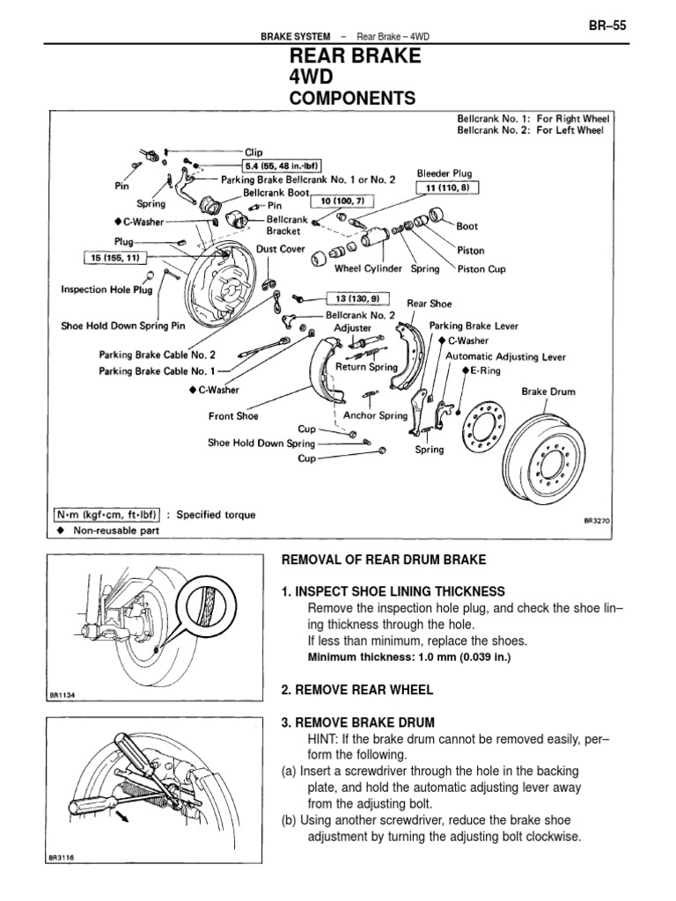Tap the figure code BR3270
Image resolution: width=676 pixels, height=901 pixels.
(x=596, y=520)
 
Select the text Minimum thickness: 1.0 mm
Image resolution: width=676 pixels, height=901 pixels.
(x=396, y=657)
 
